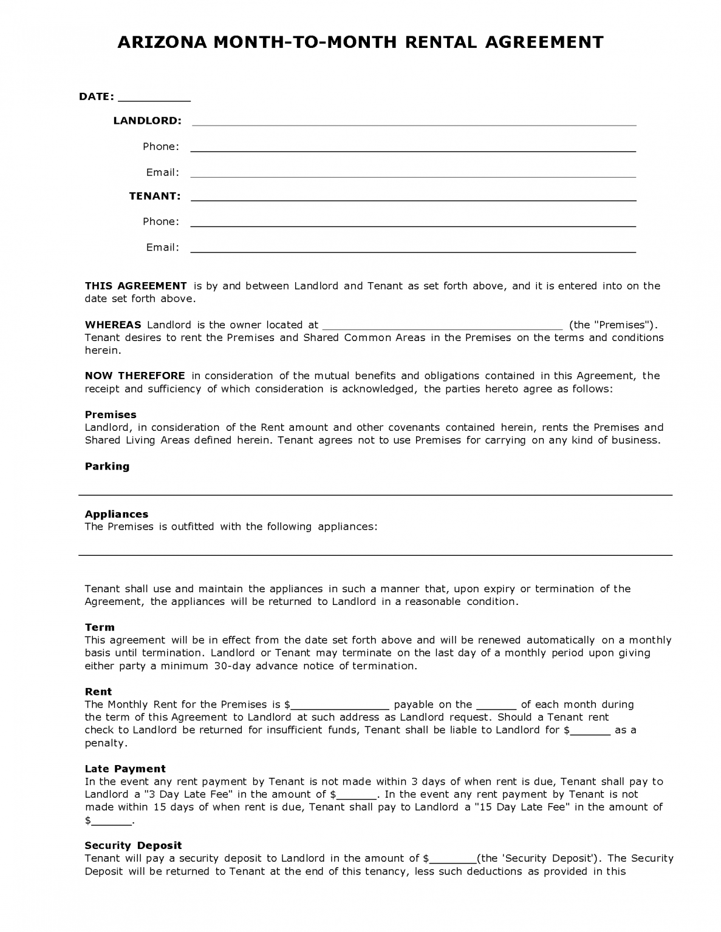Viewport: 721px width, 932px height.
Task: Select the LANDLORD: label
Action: [147, 121]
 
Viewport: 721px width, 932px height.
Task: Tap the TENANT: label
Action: [155, 196]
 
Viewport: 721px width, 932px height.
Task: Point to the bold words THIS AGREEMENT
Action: [135, 286]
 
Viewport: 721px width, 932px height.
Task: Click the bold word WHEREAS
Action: [113, 325]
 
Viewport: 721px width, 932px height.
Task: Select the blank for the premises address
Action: [442, 326]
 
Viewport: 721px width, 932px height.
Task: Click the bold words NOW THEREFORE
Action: [135, 376]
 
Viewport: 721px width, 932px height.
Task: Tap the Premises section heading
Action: [111, 414]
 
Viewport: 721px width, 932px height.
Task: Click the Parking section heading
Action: [107, 466]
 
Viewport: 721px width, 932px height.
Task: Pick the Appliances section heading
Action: [116, 514]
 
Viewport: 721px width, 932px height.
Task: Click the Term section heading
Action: [100, 627]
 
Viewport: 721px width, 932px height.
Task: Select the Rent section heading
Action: [98, 691]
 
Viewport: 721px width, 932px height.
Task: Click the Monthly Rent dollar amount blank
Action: [340, 706]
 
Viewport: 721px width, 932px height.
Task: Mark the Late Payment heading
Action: [125, 769]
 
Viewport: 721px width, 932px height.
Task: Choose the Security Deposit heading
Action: [133, 845]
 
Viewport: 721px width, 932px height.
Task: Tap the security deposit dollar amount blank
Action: [453, 860]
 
